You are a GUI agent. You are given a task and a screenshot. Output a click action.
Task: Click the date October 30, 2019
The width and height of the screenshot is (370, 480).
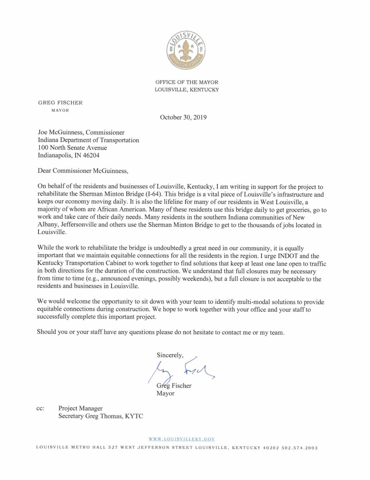(x=183, y=118)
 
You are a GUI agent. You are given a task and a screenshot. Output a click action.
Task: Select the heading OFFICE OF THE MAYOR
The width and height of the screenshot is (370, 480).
(x=187, y=82)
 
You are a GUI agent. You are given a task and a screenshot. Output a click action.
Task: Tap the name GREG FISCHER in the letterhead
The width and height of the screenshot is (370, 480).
(x=60, y=103)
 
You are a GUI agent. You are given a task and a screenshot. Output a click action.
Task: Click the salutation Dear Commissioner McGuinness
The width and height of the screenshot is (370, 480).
(x=83, y=171)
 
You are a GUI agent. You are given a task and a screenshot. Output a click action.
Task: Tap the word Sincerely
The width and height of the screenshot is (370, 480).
(x=170, y=355)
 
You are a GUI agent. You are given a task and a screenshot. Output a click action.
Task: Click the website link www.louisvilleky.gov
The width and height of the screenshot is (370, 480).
(x=182, y=439)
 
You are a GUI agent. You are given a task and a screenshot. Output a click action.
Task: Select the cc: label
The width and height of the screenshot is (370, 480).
(x=40, y=408)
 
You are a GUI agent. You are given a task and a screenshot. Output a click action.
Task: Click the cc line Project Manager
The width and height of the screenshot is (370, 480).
(x=80, y=408)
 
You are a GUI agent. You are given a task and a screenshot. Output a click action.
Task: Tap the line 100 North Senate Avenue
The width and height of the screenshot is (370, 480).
(x=72, y=148)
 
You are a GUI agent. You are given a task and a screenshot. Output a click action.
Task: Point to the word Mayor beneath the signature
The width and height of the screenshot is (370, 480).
(x=165, y=394)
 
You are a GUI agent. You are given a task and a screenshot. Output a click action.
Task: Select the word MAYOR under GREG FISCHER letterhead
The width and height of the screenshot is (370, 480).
(x=60, y=110)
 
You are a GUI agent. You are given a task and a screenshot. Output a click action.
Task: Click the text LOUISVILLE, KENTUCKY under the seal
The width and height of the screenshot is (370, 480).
(x=187, y=90)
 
